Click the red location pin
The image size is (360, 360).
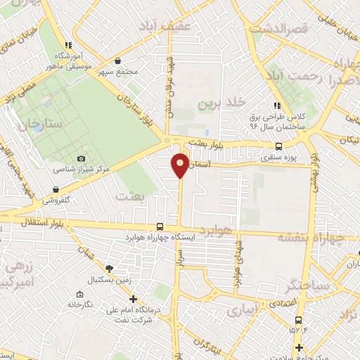point(181,164)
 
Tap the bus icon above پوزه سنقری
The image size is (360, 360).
point(279,147)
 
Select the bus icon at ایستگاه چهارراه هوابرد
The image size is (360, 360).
point(161,226)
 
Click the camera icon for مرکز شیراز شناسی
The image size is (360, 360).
point(81,159)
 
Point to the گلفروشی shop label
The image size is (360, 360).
point(60,200)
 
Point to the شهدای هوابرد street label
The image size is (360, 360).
point(238,264)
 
